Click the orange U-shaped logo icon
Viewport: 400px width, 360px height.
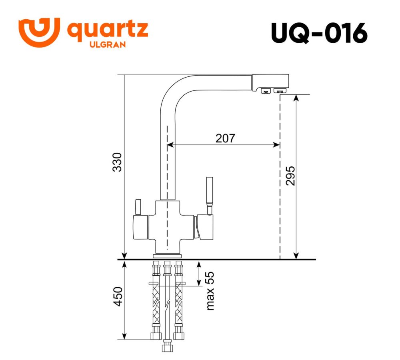[39, 32]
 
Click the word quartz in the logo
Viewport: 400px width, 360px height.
[108, 31]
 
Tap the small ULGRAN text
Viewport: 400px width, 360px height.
[107, 45]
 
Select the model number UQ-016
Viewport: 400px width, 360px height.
[319, 33]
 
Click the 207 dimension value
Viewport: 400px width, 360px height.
[225, 138]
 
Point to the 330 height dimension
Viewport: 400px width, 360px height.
[117, 162]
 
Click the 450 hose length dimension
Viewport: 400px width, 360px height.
[117, 297]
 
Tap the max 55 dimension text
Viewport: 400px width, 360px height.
[210, 291]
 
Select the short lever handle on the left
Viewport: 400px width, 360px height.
[138, 207]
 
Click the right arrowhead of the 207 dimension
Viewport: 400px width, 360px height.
[276, 145]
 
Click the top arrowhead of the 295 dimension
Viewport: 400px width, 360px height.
[296, 98]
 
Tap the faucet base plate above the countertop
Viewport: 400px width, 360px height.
[167, 256]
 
